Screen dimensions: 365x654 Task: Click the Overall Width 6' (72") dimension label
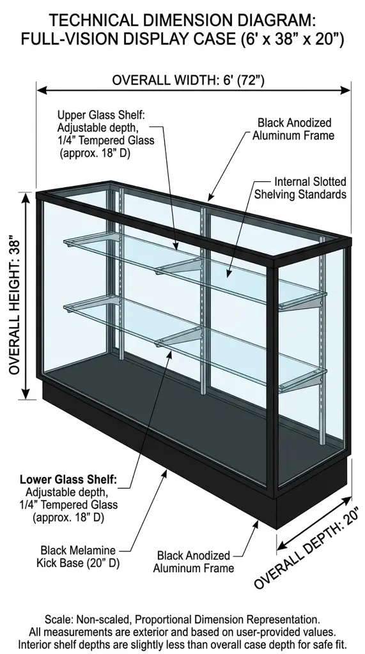[189, 80]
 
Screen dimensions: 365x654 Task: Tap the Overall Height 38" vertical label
[15, 307]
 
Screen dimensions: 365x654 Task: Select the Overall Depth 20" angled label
[306, 547]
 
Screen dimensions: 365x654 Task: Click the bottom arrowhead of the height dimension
[26, 394]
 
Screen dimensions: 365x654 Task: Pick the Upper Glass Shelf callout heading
[101, 115]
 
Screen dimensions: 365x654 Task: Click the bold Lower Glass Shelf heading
[68, 480]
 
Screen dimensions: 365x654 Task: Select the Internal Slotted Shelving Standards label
[300, 188]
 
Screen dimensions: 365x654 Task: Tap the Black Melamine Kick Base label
[78, 556]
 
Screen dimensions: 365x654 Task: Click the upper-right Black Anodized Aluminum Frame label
[293, 129]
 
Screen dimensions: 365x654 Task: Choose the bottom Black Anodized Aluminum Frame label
[193, 562]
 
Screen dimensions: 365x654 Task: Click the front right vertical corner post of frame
[272, 379]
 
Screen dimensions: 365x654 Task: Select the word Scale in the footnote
[56, 620]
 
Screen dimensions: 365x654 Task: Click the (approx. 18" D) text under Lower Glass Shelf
[68, 517]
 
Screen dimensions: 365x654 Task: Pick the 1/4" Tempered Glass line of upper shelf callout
[105, 140]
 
